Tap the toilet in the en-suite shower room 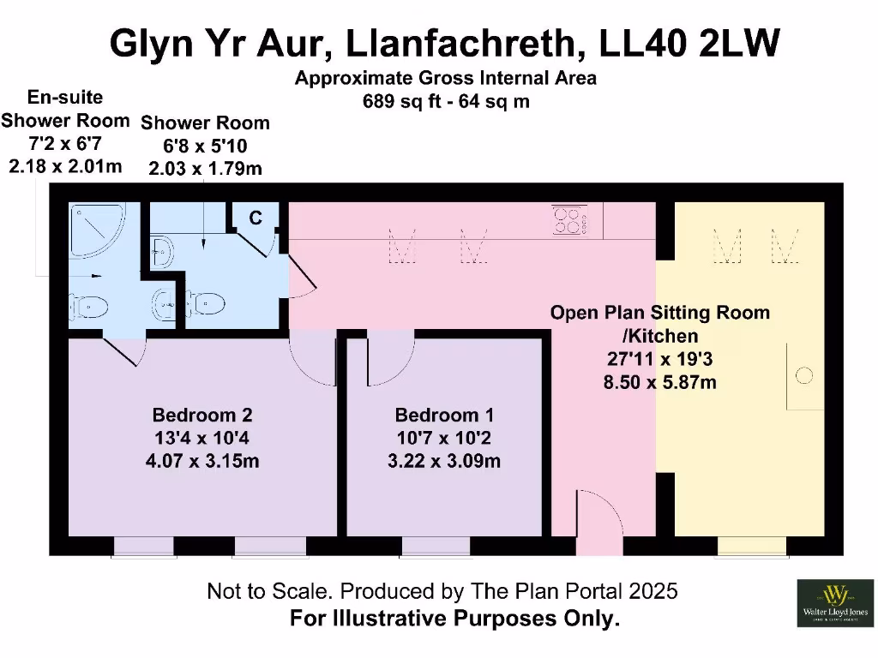89,308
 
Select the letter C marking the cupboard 256,218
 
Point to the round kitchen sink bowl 803,375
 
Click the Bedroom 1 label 444,416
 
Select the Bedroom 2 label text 202,416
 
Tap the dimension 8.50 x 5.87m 660,382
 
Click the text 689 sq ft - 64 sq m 446,101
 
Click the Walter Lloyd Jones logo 833,602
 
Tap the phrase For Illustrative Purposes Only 454,619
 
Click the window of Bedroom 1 436,546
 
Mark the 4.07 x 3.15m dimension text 202,462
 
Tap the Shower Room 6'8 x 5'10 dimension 205,147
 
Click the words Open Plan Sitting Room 659,313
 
